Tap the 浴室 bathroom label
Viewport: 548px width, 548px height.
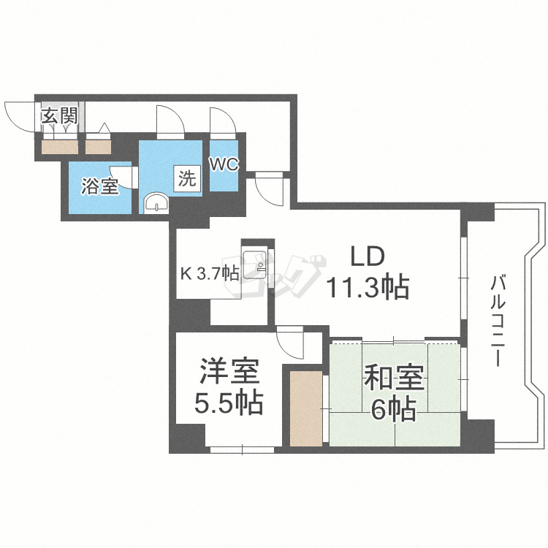tap(99, 186)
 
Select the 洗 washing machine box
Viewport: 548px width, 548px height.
tap(187, 178)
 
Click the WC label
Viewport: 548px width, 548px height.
tap(224, 164)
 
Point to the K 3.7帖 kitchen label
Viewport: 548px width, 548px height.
tap(210, 274)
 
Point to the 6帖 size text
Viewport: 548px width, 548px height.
tap(393, 409)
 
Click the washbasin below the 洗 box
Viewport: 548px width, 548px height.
tap(156, 202)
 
